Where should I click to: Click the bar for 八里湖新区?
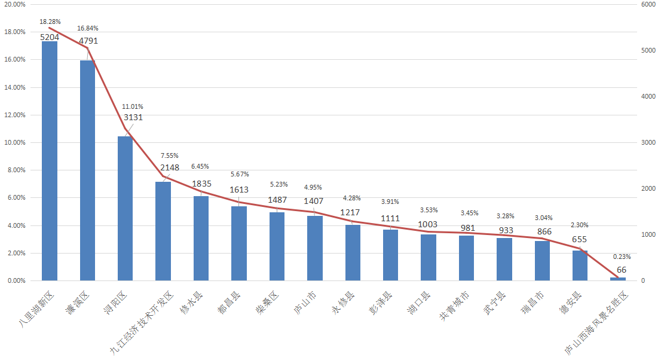click(50, 161)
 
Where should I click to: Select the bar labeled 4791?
click(87, 170)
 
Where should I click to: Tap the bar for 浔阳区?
click(125, 208)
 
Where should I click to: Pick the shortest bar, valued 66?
click(618, 279)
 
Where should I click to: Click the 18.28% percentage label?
click(50, 22)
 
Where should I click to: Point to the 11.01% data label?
click(132, 106)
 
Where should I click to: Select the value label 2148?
click(170, 167)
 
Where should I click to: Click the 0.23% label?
click(622, 257)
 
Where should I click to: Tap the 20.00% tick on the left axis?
click(14, 4)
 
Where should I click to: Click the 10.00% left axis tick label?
click(14, 142)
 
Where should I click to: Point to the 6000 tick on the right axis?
click(648, 4)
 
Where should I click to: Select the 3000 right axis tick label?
click(648, 142)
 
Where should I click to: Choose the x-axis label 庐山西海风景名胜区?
click(598, 323)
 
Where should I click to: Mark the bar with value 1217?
click(353, 252)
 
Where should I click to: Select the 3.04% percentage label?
click(543, 218)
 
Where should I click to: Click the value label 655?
click(580, 239)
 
